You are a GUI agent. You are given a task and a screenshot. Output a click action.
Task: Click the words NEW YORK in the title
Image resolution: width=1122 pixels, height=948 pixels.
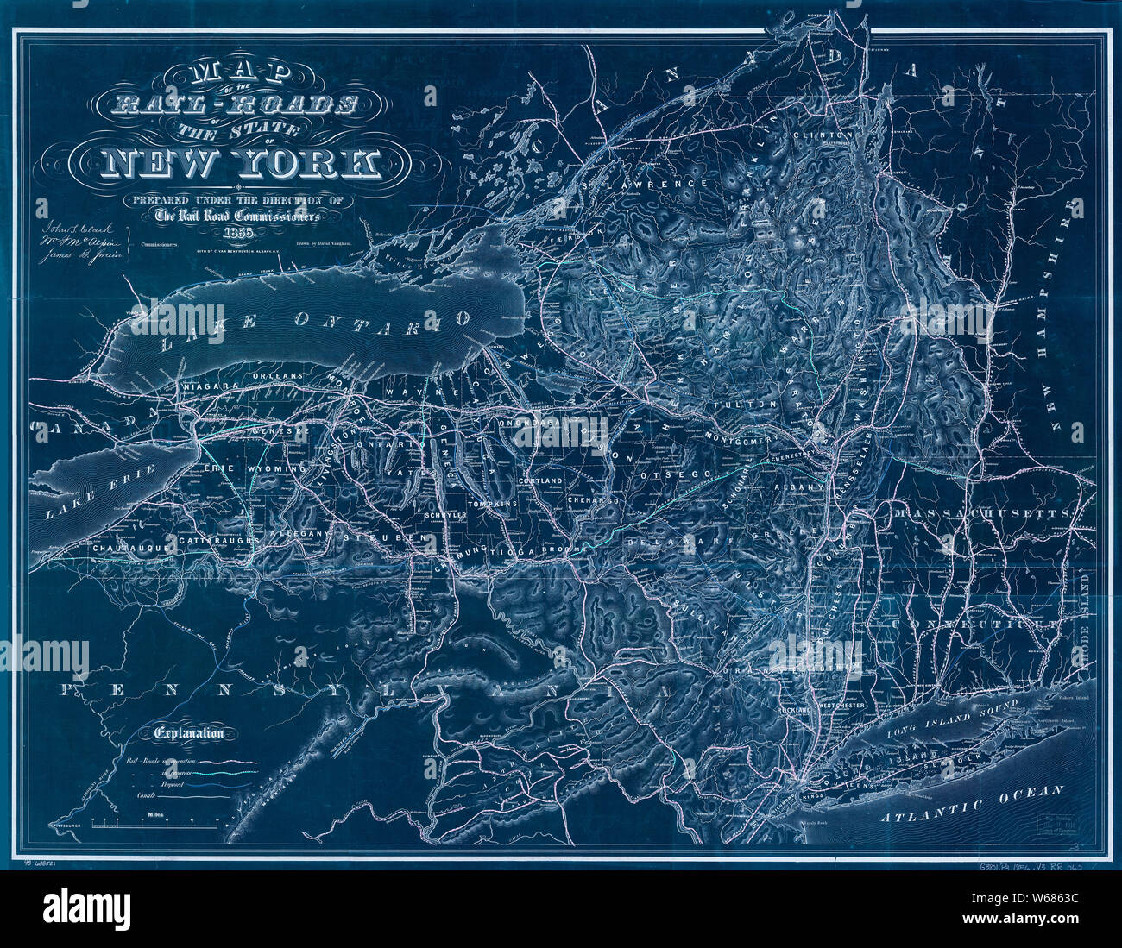(243, 162)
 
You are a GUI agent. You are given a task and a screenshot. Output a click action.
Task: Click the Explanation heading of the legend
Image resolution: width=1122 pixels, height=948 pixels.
(190, 734)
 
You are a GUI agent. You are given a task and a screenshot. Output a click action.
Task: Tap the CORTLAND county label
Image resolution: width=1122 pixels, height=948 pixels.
(540, 480)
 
